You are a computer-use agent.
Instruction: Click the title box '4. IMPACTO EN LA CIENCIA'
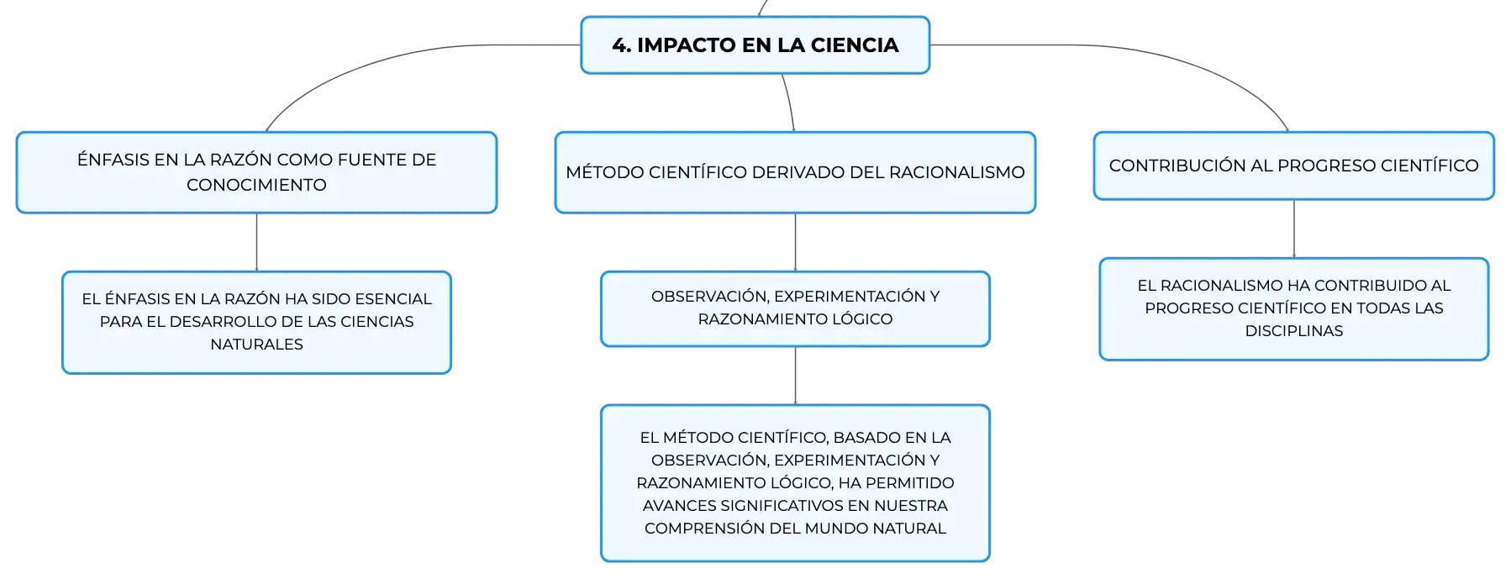755,45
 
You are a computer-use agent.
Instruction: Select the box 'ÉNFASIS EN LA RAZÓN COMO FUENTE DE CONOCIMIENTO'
256,172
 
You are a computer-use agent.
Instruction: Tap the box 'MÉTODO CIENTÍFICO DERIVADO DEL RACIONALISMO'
795,172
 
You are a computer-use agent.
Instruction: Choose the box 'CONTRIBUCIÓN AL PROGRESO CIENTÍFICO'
1293,166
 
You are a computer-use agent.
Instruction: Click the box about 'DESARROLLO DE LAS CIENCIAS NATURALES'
256,322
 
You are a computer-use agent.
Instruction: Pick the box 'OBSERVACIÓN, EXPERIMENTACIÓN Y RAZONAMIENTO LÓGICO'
795,308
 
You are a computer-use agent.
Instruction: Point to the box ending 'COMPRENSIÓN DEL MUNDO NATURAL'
795,483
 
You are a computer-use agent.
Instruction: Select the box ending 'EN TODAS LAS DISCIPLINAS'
1293,309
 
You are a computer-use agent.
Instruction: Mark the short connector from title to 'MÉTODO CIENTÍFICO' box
790,103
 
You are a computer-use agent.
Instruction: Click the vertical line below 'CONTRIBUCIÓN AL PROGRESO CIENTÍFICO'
1294,229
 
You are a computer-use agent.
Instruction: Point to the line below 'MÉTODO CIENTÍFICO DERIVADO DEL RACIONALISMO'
795,242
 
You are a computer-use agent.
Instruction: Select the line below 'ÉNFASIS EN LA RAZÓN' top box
256,242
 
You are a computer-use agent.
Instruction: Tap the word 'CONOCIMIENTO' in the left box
256,185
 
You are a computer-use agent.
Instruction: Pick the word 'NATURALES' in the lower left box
256,345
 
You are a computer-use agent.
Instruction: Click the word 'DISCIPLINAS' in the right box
1294,331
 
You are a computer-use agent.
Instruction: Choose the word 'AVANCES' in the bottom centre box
679,506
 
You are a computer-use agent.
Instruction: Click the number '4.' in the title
622,45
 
